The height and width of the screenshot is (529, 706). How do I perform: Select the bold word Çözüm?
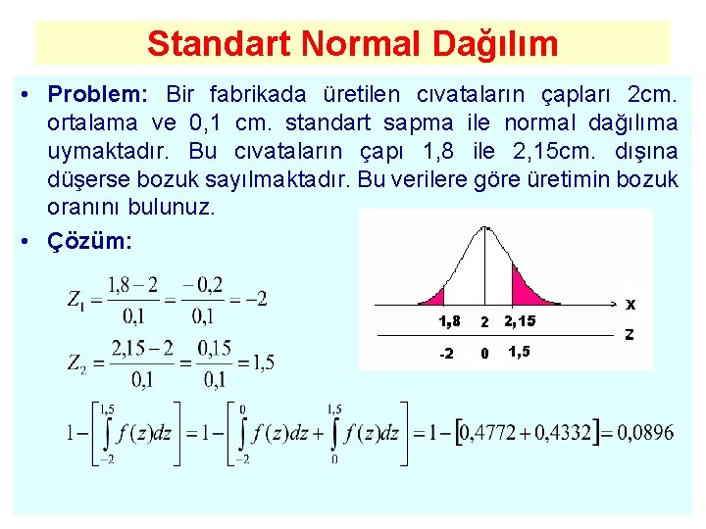[x=90, y=242]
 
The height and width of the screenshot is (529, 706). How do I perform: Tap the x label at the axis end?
[x=631, y=304]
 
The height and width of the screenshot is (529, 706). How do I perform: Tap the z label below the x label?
[x=630, y=334]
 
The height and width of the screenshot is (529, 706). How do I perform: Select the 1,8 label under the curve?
[x=449, y=321]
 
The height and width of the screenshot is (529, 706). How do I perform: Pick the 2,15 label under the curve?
[x=520, y=321]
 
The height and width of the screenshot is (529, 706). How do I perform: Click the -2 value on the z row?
[x=445, y=353]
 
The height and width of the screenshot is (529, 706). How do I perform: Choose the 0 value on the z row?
[x=482, y=353]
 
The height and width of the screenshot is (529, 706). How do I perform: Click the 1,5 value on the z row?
[x=520, y=352]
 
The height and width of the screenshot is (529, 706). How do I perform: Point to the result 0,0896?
[x=646, y=432]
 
